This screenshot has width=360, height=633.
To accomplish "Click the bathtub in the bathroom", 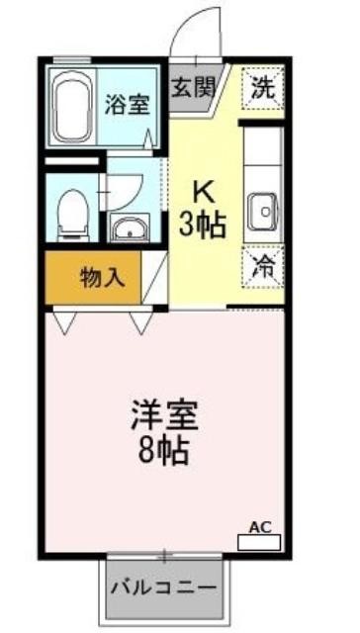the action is click(x=72, y=107).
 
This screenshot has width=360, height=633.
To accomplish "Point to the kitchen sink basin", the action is click(x=263, y=212).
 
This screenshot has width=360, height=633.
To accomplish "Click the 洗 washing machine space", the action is click(x=263, y=88).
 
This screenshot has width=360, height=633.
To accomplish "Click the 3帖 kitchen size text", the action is click(x=202, y=226).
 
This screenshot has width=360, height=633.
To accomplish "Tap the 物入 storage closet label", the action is click(x=102, y=279).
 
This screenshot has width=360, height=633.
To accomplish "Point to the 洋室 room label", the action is click(x=164, y=415).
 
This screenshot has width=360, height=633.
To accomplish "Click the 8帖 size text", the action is click(x=164, y=452).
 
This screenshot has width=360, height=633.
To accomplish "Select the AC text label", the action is click(x=260, y=527).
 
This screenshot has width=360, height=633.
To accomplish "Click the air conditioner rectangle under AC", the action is click(x=259, y=543).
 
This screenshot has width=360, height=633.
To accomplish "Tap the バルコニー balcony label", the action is click(x=164, y=588).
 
